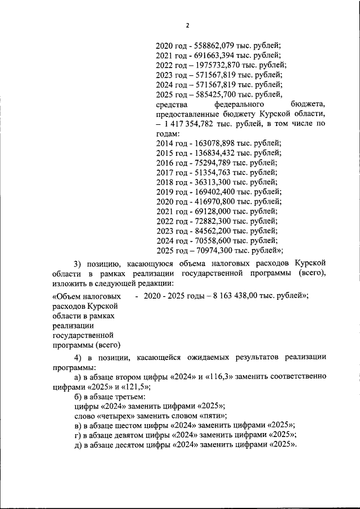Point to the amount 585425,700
(214, 94)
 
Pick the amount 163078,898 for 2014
(213, 143)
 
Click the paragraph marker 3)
(78, 264)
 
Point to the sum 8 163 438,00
(237, 295)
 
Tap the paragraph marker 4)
(78, 358)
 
